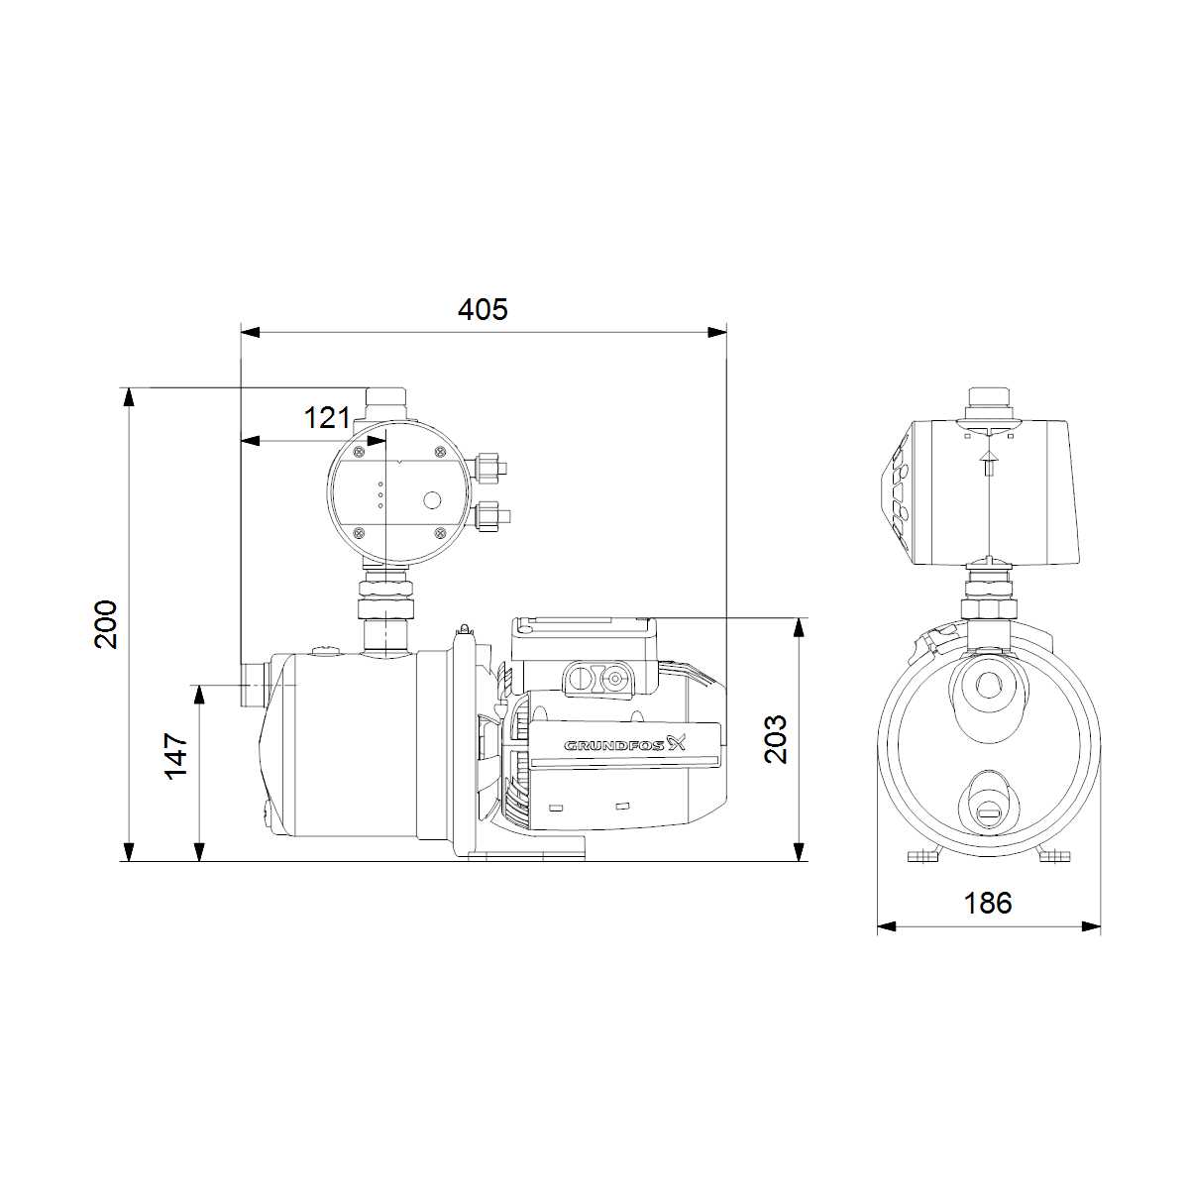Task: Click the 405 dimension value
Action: coord(483,309)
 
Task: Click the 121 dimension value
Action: coord(327,418)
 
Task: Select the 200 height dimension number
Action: coord(105,623)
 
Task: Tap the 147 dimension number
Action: coord(176,756)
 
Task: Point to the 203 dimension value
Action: coord(776,739)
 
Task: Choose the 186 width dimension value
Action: coord(988,904)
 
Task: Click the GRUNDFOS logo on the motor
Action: coord(625,745)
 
